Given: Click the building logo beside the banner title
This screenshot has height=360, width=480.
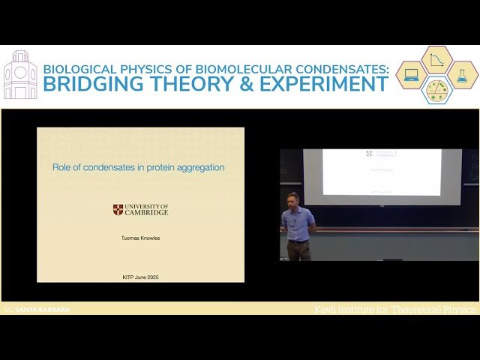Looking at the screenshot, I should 19,75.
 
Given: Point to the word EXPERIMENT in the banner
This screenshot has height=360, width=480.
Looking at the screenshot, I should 324,84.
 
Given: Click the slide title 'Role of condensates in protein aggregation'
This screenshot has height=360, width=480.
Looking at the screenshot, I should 138,167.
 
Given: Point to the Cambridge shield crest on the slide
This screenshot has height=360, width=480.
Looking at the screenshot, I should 118,210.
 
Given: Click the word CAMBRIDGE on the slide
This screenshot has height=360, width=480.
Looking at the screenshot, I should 146,213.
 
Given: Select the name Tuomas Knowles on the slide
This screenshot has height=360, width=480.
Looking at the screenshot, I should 140,238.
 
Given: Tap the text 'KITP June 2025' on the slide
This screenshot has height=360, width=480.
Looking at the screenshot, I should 140,277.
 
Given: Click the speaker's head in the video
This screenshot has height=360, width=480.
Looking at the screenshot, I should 292,199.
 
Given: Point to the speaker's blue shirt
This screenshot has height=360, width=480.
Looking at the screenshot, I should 298,223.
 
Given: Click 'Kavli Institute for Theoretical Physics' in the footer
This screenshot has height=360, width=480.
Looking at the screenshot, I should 394,309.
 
